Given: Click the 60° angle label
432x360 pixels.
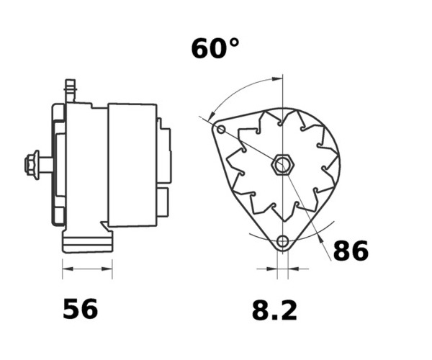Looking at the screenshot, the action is [215, 49].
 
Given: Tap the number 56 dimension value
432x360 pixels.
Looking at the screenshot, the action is [80, 309].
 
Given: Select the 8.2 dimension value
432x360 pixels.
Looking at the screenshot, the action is [275, 310].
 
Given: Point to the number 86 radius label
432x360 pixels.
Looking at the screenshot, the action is [351, 251].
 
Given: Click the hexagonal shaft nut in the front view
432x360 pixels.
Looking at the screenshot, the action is [282, 165].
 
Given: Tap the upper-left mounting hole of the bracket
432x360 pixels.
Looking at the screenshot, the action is [221, 129].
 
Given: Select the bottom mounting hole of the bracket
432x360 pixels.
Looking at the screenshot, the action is [282, 242].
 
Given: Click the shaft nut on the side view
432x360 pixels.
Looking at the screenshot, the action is [31, 165].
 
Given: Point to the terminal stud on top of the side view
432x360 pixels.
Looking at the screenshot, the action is [71, 91].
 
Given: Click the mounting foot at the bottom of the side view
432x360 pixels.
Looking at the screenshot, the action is [88, 241].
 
